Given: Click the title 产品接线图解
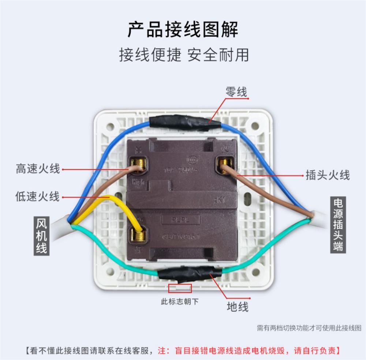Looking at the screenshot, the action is [183, 29].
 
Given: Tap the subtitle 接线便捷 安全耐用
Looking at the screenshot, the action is [184, 55].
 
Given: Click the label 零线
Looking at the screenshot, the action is [236, 92].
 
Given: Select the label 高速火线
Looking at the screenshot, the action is [37, 169].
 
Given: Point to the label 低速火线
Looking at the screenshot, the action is [37, 197].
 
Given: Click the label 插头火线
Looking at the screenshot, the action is [328, 175].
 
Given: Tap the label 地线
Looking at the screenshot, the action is [238, 307].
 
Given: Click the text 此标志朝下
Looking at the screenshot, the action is [180, 302].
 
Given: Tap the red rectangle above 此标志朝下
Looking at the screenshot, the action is [180, 288].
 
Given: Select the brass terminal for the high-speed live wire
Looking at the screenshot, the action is [138, 167].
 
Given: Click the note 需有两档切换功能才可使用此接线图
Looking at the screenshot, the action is [309, 328].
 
